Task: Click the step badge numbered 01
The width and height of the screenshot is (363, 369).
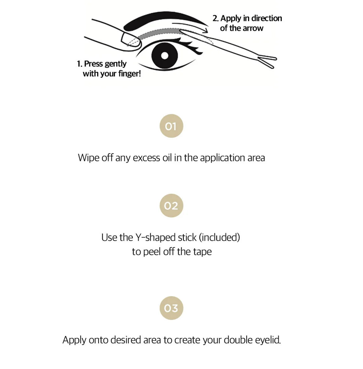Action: [171, 126]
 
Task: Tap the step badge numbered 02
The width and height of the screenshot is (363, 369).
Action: [171, 205]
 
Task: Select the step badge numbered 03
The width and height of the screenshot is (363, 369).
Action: [171, 308]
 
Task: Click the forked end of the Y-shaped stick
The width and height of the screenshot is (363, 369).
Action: [267, 61]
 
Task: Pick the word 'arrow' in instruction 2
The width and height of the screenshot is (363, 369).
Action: [253, 28]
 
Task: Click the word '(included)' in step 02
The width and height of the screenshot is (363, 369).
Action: [219, 238]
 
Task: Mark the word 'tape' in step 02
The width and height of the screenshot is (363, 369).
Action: [202, 252]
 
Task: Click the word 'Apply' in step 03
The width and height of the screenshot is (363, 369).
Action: [74, 340]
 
